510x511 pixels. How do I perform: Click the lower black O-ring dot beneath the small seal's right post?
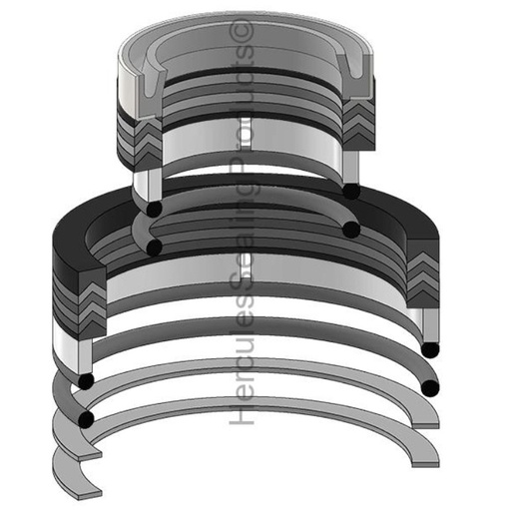pos(351,230)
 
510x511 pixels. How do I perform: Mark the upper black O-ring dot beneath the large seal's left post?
pos(87,382)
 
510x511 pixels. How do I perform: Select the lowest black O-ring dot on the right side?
pos(430,386)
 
